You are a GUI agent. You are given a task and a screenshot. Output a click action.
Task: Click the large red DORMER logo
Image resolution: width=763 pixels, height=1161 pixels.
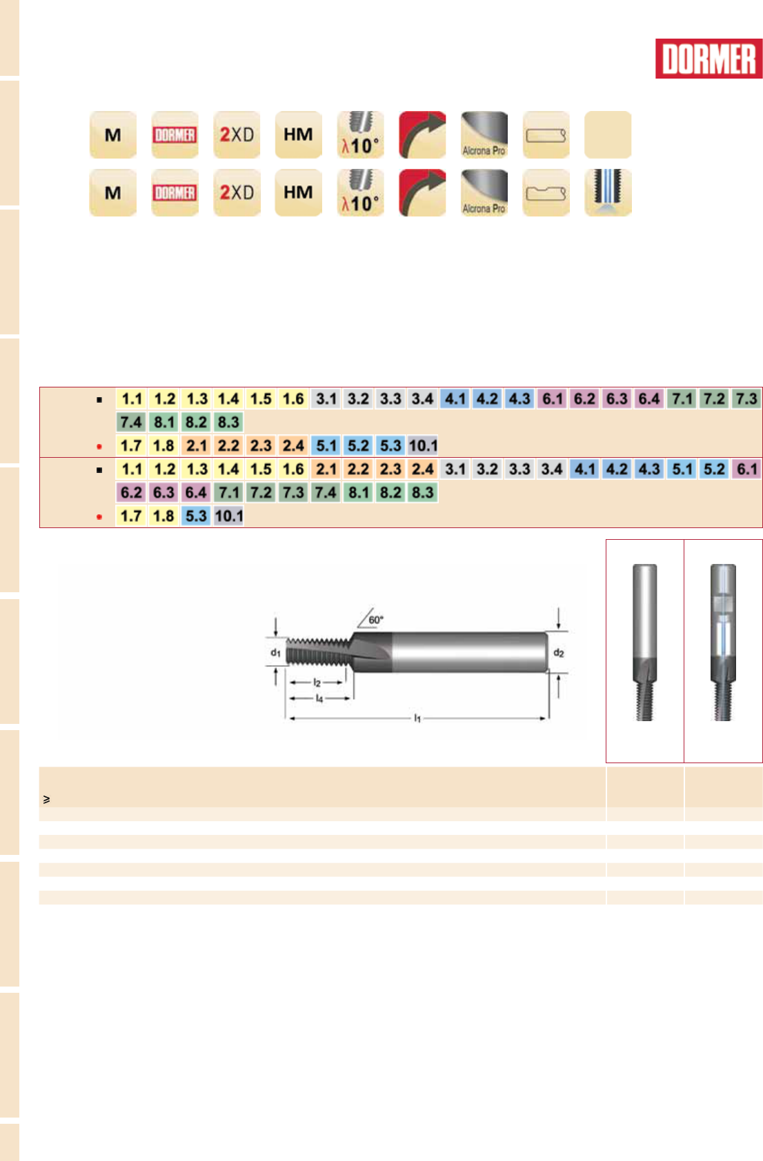click(x=708, y=59)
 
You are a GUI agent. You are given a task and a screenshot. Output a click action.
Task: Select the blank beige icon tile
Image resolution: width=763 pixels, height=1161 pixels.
click(x=607, y=134)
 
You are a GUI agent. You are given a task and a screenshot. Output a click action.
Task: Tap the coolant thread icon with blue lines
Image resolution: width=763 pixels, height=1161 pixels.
click(x=607, y=192)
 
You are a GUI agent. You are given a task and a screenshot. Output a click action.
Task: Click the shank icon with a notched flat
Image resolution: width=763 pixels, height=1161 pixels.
click(x=546, y=192)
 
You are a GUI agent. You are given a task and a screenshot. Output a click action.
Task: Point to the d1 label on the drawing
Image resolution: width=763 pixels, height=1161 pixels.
click(x=275, y=652)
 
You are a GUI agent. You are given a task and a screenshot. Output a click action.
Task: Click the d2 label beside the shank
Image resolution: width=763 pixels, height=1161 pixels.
click(x=558, y=652)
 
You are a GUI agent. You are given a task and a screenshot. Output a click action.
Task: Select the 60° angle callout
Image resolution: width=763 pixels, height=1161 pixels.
click(x=375, y=619)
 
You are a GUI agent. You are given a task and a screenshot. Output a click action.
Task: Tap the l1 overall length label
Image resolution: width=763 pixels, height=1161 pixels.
click(x=417, y=718)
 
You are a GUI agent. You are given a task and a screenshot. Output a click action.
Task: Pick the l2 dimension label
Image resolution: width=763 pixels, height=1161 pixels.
click(x=317, y=683)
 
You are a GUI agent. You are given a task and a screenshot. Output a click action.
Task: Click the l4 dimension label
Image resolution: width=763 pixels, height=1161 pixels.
click(x=319, y=698)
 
